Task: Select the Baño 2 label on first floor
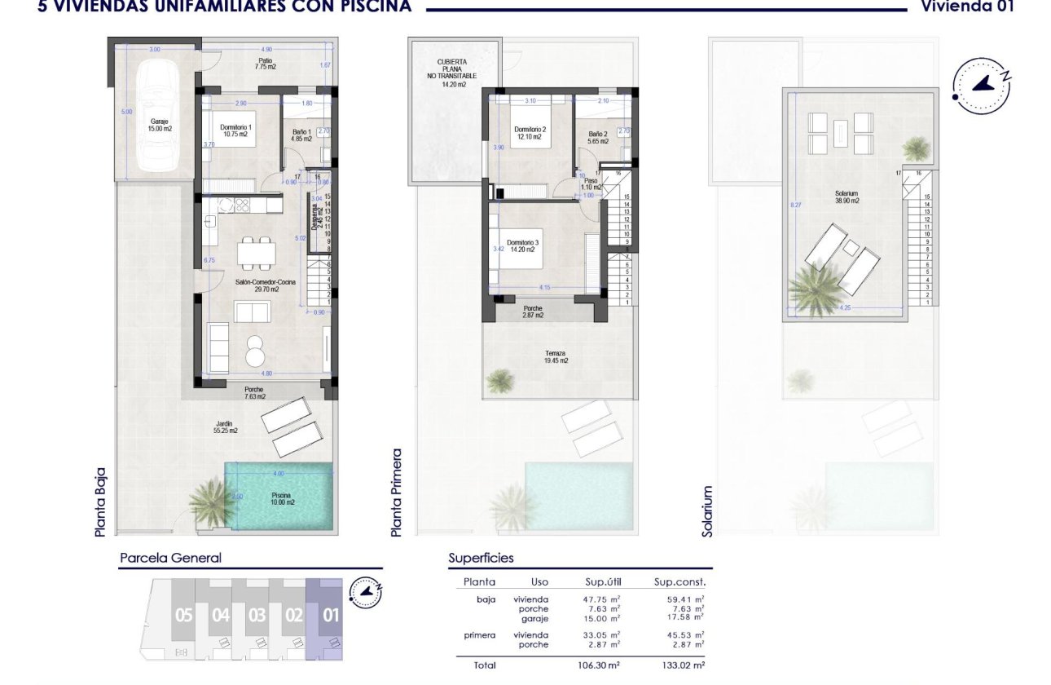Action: coord(598,137)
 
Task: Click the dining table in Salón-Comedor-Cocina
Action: coord(256,252)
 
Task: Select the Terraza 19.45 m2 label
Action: coord(557,357)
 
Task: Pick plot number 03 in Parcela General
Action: coord(257,616)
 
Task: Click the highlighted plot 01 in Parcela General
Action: coord(330,616)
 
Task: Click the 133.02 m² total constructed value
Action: coord(679,665)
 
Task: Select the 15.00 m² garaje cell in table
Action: coord(603,619)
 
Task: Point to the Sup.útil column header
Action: coord(603,582)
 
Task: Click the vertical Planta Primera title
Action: coord(397,492)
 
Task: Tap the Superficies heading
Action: coord(481,559)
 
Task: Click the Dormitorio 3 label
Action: coord(521,246)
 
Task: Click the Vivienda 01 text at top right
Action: coord(966,6)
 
